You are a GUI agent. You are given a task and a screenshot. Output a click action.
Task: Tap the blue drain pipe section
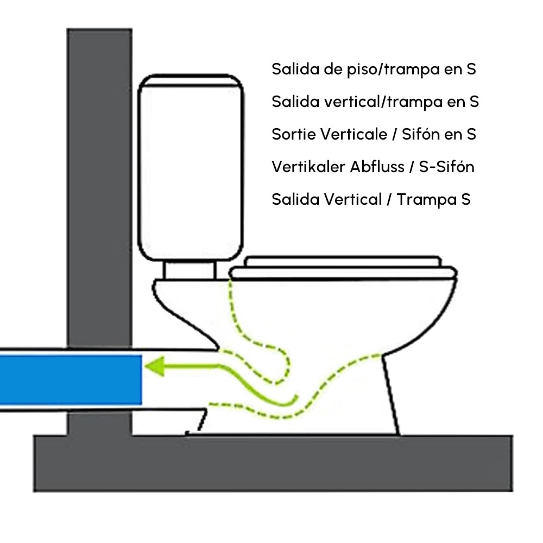click(x=71, y=378)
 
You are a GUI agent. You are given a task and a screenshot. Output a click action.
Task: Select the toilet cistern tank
click(x=190, y=168)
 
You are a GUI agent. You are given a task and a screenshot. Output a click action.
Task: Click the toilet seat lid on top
click(x=342, y=262)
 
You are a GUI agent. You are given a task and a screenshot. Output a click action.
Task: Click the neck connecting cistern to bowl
click(x=191, y=270)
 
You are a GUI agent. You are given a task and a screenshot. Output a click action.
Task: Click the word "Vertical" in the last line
click(x=353, y=199)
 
